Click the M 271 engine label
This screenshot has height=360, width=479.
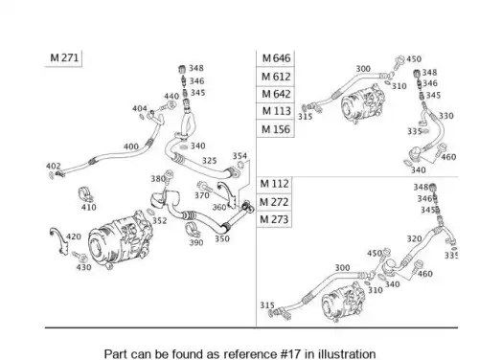pos(64,57)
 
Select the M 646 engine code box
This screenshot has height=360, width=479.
pos(276,58)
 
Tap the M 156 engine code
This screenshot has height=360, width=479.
pos(276,129)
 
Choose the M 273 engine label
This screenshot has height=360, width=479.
pos(274,219)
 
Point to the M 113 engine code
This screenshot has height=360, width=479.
pos(276,111)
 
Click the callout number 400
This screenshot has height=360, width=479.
pos(131,146)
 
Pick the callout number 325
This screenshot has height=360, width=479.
pos(209,161)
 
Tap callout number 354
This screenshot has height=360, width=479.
pos(239,156)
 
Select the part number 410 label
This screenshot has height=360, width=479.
pos(88,207)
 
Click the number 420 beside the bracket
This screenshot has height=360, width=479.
pos(74,236)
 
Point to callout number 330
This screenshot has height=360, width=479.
pos(446,116)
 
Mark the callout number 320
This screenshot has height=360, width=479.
pos(414,238)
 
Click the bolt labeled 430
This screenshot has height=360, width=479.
pos(80,257)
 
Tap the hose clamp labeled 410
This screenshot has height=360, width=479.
pos(85,195)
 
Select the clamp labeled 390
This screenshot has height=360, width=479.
pos(193,230)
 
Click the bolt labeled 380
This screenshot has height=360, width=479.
pos(169,176)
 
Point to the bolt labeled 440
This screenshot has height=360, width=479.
pos(169,105)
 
